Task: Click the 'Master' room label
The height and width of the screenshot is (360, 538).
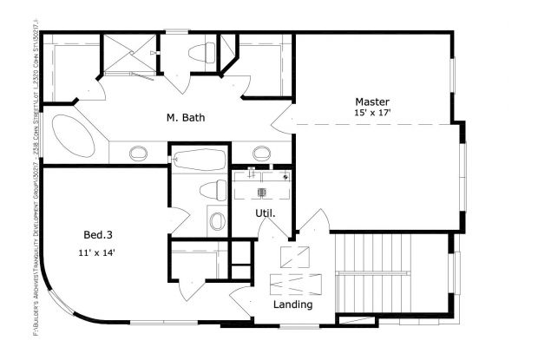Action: coord(371,100)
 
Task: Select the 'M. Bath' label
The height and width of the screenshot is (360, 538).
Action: coord(186,118)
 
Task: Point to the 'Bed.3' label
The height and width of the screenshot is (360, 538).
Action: coord(96,234)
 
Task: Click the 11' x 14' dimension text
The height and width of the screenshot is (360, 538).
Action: coord(95,253)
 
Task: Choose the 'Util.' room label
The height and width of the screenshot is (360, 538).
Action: coord(265,213)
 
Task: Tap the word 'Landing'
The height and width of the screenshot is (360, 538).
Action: coord(292,305)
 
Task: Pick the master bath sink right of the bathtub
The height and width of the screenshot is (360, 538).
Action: coord(260,155)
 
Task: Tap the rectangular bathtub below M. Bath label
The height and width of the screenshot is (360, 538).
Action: coord(199,159)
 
